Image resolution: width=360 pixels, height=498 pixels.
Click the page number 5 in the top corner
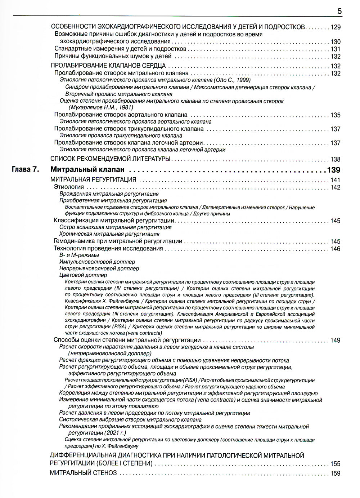pos(339,11)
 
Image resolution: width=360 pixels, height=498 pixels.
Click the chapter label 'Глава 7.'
pos(26,169)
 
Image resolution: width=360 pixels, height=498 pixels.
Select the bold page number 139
pos(333,170)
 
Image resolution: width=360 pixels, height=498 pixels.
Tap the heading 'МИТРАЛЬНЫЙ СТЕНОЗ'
pos(83,473)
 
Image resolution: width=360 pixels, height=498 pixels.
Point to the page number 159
pos(335,473)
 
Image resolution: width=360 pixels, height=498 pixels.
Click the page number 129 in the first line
pos(335,27)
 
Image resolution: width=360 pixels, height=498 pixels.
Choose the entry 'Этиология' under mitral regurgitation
pos(69,187)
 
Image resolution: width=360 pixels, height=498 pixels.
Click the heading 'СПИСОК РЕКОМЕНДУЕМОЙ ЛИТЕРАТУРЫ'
pos(110,159)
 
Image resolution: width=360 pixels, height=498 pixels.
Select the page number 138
pos(335,159)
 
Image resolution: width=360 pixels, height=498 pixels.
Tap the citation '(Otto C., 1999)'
pos(232,80)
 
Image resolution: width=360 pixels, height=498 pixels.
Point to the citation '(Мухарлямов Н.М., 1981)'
pos(101,107)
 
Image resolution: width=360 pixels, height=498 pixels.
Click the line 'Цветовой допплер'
pos(83,275)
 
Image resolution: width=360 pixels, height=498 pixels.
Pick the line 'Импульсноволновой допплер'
pos(97,262)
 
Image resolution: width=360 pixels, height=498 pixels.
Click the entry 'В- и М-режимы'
pos(79,255)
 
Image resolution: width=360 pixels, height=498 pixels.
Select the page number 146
pos(335,249)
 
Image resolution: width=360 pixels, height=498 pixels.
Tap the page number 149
pos(335,340)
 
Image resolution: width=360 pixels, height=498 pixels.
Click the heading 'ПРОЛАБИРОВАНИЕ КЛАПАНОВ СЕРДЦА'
pos(108,66)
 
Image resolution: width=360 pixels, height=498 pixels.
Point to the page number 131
pos(335,49)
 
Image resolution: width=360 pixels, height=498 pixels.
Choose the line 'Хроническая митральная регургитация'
pos(109,234)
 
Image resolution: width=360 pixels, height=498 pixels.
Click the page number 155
pos(335,464)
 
